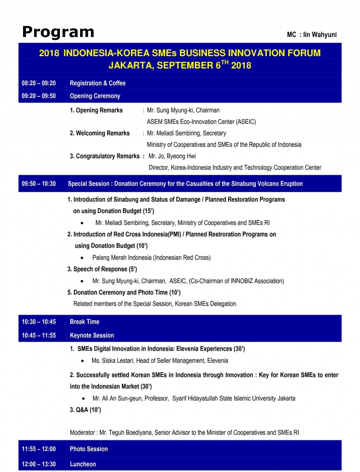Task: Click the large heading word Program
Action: pyautogui.click(x=58, y=32)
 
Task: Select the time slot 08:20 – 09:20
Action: pyautogui.click(x=39, y=83)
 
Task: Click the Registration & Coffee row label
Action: pyautogui.click(x=97, y=83)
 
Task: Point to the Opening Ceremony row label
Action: pyautogui.click(x=95, y=96)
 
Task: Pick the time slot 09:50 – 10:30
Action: pyautogui.click(x=39, y=184)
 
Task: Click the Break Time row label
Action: pyautogui.click(x=84, y=322)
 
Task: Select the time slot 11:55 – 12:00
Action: pyautogui.click(x=39, y=449)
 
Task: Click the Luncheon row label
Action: pyautogui.click(x=83, y=464)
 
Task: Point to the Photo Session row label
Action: pyautogui.click(x=89, y=449)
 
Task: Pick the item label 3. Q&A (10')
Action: pyautogui.click(x=85, y=410)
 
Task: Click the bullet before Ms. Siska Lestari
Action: pyautogui.click(x=84, y=361)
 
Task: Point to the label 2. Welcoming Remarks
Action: pyautogui.click(x=100, y=133)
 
